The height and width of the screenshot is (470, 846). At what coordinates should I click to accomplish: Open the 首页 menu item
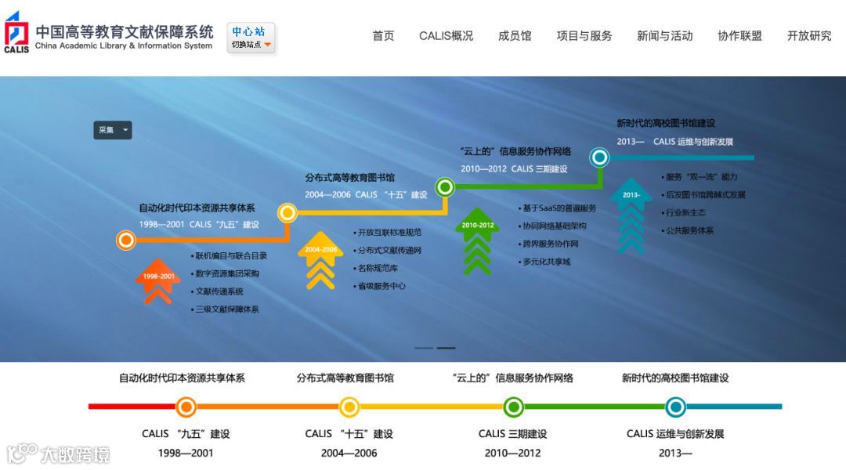coord(383,36)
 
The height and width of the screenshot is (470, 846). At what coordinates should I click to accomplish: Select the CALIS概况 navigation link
coord(446,36)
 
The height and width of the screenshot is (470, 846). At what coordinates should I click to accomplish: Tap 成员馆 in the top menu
coord(515,36)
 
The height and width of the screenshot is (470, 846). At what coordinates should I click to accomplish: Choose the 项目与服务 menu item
coord(584,36)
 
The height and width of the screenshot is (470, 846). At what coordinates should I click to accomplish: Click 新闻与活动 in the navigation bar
coord(664,36)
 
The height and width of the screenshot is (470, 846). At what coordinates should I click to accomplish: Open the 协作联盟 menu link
coord(739,36)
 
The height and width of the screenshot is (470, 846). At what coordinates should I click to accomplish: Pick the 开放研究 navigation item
coord(809,36)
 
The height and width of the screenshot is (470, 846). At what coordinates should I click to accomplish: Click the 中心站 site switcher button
coord(251,37)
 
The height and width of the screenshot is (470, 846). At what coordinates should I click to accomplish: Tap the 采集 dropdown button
coord(113,130)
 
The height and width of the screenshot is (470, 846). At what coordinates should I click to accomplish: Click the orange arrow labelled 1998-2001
coord(158,280)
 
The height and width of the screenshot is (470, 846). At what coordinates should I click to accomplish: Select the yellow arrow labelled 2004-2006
coord(320,258)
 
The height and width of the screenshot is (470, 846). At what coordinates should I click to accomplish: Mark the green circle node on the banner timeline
coord(445,187)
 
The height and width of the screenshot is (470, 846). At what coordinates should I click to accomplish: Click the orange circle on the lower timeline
coord(186,407)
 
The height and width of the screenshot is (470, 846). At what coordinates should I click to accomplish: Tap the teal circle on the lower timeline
coord(675,407)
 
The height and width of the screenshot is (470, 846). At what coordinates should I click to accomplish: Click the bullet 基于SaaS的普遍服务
coord(559,208)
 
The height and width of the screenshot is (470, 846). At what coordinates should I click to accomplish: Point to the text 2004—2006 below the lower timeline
coord(349,453)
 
